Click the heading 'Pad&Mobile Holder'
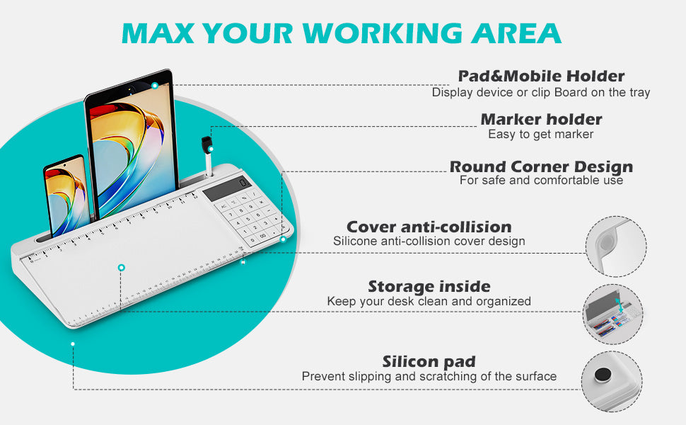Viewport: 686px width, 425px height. click(x=541, y=76)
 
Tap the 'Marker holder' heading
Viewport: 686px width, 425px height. click(x=541, y=119)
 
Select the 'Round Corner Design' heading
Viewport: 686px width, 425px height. click(x=541, y=166)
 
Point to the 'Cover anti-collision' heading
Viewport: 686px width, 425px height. click(x=429, y=227)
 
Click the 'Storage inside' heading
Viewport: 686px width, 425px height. click(x=429, y=287)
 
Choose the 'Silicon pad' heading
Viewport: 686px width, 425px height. click(x=429, y=361)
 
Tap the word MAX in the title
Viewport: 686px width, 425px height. click(x=158, y=33)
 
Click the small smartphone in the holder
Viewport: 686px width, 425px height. click(x=66, y=195)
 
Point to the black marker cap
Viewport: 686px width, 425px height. click(x=206, y=144)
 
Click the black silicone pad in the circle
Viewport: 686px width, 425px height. click(x=603, y=375)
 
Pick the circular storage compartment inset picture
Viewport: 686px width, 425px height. click(x=612, y=314)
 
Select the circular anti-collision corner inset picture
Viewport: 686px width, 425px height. click(x=616, y=246)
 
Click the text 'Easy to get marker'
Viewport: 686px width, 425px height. click(x=541, y=134)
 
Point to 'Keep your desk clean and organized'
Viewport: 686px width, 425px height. click(x=429, y=302)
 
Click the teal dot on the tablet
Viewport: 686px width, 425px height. click(x=154, y=86)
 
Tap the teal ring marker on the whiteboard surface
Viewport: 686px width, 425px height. click(x=122, y=268)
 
